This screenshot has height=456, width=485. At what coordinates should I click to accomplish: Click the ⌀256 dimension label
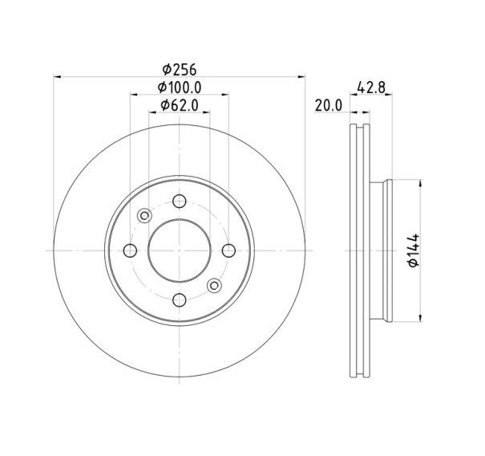coord(179,69)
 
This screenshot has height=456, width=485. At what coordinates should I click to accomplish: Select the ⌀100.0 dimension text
coord(179,88)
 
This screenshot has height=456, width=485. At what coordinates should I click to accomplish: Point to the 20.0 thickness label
coord(329,105)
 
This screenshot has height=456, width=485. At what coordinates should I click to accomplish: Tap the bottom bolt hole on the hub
coord(180,299)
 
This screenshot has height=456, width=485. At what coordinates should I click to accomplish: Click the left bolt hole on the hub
coord(131,250)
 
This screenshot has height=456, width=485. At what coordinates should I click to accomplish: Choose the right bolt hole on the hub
coord(228,250)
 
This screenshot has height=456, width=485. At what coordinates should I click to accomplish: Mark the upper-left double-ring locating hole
coord(144,215)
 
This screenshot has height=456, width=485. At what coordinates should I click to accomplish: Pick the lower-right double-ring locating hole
coord(214,285)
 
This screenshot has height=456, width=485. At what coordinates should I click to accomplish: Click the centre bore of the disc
coord(180,250)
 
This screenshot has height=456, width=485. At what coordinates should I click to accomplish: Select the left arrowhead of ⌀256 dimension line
coord(58,77)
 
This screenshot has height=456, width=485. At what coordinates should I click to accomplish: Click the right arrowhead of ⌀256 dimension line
coord(301,77)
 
